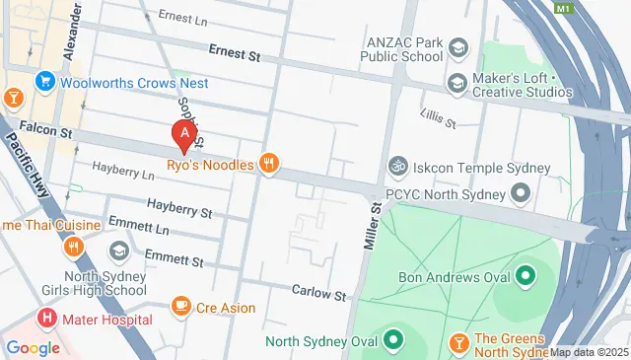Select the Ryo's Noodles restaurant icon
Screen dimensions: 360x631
pos(267,164)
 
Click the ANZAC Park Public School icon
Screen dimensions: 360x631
pos(457,48)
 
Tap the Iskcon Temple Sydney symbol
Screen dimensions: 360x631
pos(398,164)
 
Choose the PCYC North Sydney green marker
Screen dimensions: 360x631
pos(521,193)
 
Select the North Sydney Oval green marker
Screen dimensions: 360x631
pos(393,342)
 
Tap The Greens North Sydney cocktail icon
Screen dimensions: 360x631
pos(457,342)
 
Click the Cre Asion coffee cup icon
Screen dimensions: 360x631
pos(180,308)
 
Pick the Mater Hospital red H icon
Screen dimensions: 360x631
pos(45,319)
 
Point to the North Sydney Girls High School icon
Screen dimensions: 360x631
pos(119,252)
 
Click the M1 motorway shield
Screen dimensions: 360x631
pos(563,8)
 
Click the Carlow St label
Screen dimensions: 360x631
pos(318,293)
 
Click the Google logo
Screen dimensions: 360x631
pos(33,347)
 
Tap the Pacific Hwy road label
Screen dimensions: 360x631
pos(29,158)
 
